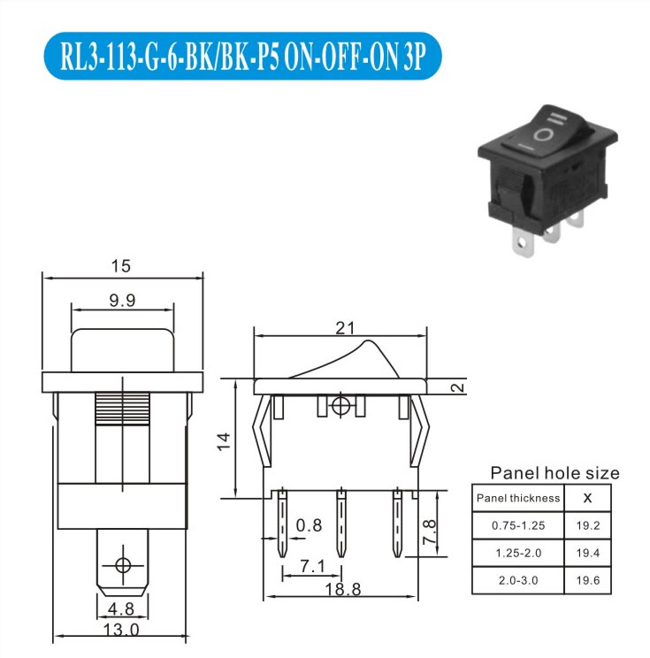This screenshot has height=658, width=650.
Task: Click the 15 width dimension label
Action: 121,266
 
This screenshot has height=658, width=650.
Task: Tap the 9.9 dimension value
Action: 123,301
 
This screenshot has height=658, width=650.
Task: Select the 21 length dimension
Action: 345,328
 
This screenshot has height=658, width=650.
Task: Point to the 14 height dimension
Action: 224,441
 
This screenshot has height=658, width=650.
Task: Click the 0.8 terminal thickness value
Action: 309,525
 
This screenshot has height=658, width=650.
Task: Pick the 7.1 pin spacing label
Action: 313,567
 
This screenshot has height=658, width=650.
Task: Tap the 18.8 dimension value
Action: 343,590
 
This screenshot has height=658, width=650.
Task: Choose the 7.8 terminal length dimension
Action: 429,532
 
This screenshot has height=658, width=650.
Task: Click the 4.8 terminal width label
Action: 121,608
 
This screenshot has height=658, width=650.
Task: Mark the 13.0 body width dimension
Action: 121,630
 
